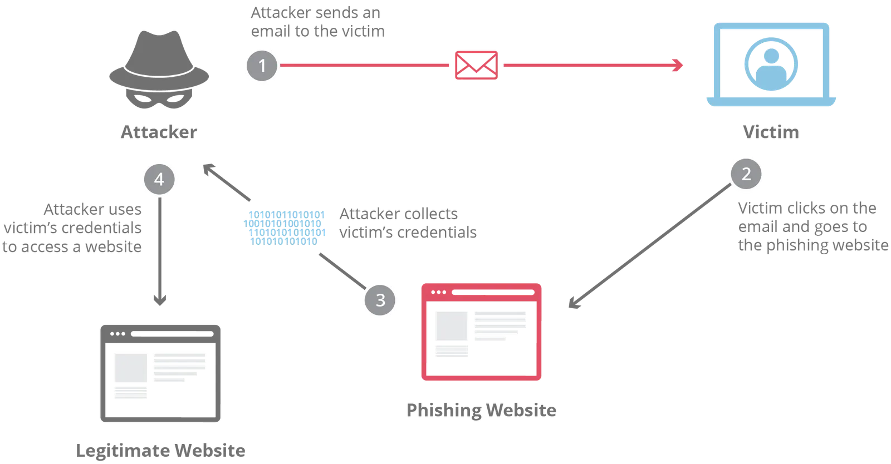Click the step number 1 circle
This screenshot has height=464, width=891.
(x=262, y=66)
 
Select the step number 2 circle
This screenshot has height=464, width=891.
(x=746, y=174)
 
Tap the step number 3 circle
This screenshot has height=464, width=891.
(x=380, y=300)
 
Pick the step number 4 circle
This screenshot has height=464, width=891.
(x=159, y=179)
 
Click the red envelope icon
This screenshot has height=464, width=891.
(x=476, y=65)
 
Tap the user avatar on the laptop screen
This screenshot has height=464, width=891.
(x=771, y=65)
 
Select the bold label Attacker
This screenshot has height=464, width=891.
(x=159, y=132)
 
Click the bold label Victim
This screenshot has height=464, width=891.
(x=771, y=132)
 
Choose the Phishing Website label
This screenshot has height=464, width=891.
(x=481, y=410)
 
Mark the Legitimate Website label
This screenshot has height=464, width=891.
(x=160, y=451)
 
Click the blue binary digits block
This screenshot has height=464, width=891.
(x=285, y=228)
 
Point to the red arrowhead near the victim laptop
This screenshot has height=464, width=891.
(x=678, y=65)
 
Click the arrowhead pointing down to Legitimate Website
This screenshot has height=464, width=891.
(x=160, y=300)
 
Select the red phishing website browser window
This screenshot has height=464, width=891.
(x=481, y=332)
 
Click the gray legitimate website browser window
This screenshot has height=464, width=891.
(x=160, y=373)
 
